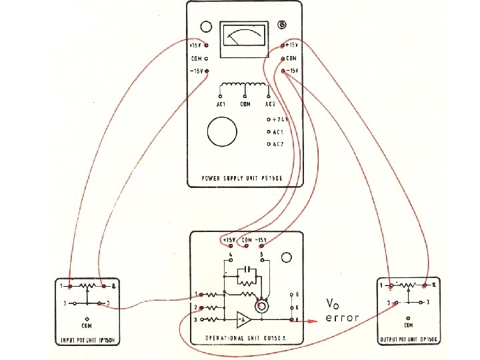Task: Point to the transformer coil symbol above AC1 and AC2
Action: pos(243,87)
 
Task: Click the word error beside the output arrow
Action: pos(343,318)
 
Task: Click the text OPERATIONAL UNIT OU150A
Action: pos(247,338)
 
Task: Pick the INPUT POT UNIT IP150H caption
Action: pos(87,341)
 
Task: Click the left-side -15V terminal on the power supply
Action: pos(207,71)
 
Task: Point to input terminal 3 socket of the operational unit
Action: pos(201,321)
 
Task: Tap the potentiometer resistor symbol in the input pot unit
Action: pos(88,285)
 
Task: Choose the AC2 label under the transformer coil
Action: pos(270,105)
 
